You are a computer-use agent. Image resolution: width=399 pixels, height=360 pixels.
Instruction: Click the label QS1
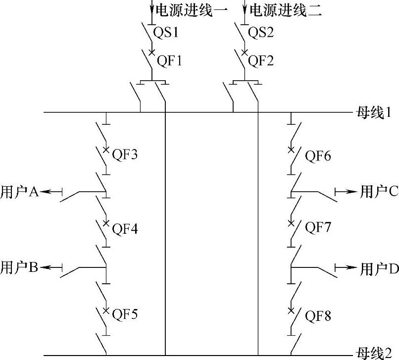coord(167,33)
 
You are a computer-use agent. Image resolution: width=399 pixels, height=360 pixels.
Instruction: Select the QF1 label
coord(170,61)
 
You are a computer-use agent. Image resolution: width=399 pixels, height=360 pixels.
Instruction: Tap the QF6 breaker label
coord(318,156)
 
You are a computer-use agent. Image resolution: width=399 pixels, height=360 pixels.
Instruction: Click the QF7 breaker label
coord(318,228)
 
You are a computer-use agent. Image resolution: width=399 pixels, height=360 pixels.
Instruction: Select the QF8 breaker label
coord(318,315)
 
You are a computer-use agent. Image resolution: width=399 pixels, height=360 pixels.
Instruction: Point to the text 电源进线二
coord(286,10)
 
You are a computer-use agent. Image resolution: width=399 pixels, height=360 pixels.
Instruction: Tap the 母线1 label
coord(374,112)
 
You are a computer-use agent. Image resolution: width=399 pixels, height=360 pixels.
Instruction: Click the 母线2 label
coord(374,354)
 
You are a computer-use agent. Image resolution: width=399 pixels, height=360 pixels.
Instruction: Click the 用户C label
coord(379,191)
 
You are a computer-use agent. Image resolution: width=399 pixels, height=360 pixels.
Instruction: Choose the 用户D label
coord(379,268)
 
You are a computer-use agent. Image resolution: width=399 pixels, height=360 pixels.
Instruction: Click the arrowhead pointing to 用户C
coord(352,191)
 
